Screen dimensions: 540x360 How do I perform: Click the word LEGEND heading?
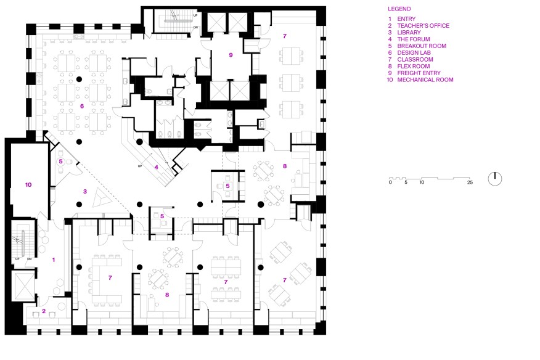pyautogui.click(x=399, y=9)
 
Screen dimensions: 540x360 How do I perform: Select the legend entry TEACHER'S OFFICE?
pyautogui.click(x=423, y=25)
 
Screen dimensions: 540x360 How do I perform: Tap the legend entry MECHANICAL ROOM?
pyautogui.click(x=425, y=80)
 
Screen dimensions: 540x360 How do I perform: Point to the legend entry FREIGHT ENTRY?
pyautogui.click(x=419, y=73)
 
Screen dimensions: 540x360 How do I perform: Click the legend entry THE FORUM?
pyautogui.click(x=413, y=39)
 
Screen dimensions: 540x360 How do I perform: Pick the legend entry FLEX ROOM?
pyautogui.click(x=413, y=66)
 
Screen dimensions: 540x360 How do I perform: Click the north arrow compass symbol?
pyautogui.click(x=495, y=179)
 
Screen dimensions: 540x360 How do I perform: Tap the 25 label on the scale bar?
pyautogui.click(x=470, y=182)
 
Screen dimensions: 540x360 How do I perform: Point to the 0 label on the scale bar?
pyautogui.click(x=390, y=182)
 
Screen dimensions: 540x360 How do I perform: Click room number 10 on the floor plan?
pyautogui.click(x=28, y=185)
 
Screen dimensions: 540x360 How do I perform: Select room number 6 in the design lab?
pyautogui.click(x=82, y=106)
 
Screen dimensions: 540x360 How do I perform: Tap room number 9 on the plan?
pyautogui.click(x=231, y=55)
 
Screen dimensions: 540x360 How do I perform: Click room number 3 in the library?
pyautogui.click(x=84, y=192)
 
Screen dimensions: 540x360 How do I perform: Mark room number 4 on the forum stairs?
pyautogui.click(x=157, y=168)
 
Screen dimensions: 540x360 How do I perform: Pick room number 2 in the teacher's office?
pyautogui.click(x=44, y=311)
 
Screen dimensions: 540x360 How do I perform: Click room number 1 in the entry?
pyautogui.click(x=54, y=260)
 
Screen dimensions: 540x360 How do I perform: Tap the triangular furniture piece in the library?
pyautogui.click(x=102, y=198)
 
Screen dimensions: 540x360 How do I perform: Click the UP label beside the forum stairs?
pyautogui.click(x=140, y=166)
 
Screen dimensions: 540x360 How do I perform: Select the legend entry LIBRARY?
pyautogui.click(x=409, y=33)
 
